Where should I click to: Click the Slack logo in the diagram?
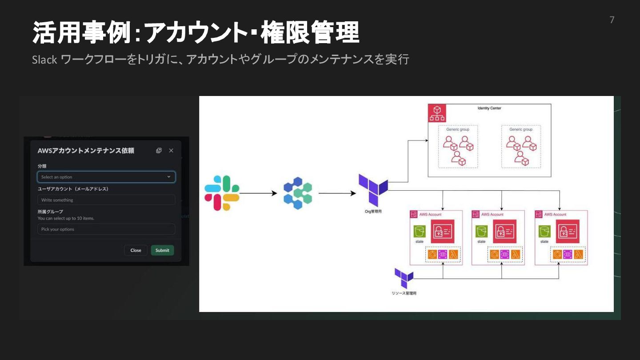(x=222, y=193)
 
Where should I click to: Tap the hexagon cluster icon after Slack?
(x=298, y=193)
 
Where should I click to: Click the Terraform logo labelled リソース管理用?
(x=404, y=278)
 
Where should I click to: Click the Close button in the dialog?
(x=136, y=250)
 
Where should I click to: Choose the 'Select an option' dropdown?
(x=106, y=177)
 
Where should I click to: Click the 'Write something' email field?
(x=106, y=200)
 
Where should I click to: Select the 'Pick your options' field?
(x=106, y=229)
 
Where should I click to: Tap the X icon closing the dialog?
(x=171, y=151)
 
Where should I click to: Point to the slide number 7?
(x=612, y=20)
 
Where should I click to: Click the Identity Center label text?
(x=489, y=108)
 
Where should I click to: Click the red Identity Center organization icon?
(x=436, y=113)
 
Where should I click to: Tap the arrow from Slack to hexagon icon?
(x=258, y=193)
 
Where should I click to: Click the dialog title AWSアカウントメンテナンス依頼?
(x=86, y=151)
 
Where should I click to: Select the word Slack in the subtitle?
(x=44, y=60)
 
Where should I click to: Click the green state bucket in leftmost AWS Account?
(x=419, y=231)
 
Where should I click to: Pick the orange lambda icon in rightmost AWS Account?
(x=579, y=255)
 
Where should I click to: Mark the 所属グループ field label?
(x=50, y=212)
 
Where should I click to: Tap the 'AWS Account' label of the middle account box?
(x=492, y=215)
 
